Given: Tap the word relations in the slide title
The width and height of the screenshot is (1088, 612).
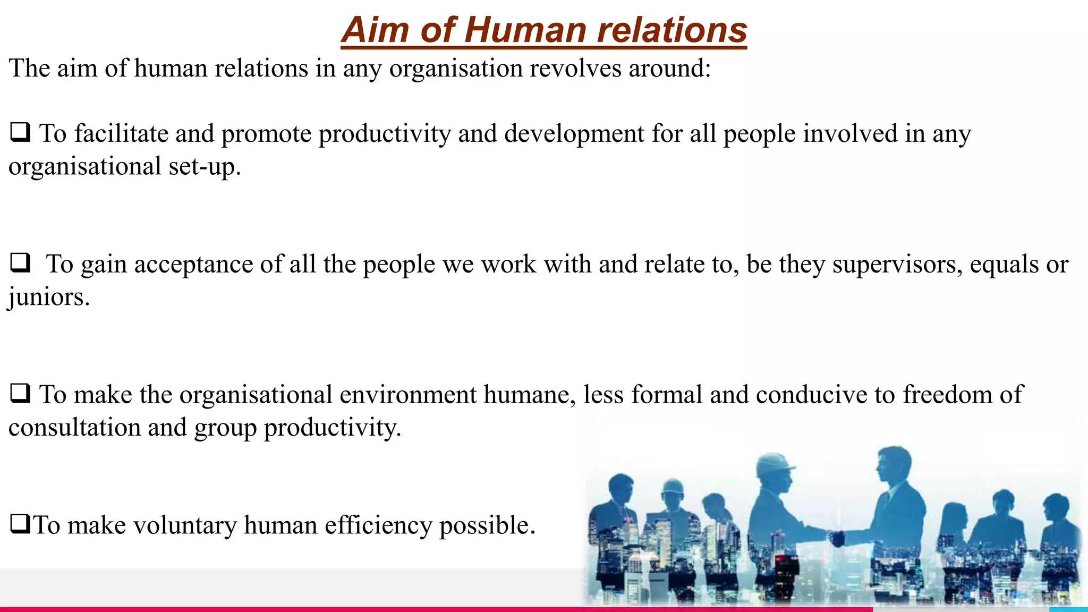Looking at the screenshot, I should coord(672,30).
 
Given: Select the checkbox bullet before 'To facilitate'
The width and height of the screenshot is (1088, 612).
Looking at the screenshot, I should coord(20,132).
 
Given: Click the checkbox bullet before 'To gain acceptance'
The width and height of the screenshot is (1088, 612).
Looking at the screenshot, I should coord(20,262).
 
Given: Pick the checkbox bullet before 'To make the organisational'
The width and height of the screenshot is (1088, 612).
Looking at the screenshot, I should coord(20,393).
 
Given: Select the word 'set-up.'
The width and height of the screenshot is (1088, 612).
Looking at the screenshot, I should coord(205,167).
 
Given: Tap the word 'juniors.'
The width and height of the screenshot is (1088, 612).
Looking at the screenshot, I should coord(49,297).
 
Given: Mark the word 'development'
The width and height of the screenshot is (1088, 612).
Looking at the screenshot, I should coord(574,133).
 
